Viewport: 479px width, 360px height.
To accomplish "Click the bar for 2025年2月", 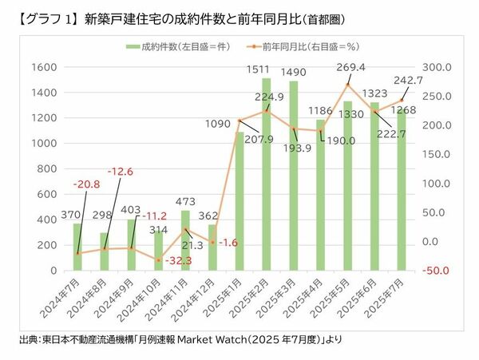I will (267, 176).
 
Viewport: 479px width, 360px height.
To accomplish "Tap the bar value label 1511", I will (266, 69).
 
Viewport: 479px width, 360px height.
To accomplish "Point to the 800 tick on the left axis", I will (46, 169).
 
